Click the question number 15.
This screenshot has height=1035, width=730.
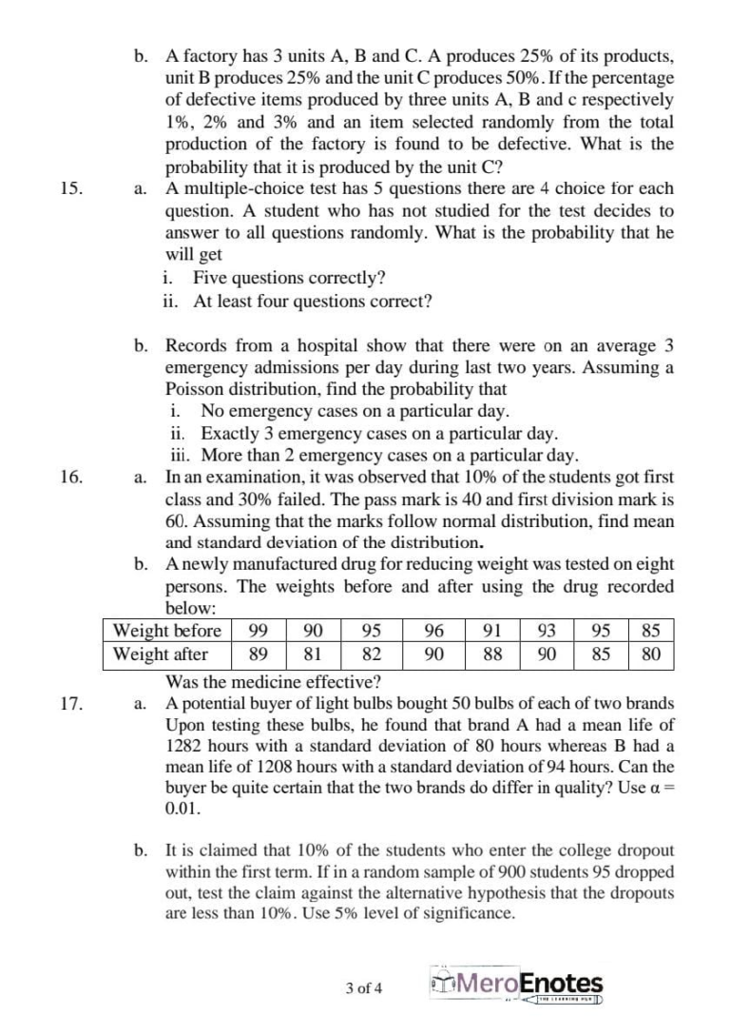point(69,187)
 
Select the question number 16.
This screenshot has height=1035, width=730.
point(69,477)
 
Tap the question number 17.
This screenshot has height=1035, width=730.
point(69,704)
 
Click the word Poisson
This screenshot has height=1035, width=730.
point(195,389)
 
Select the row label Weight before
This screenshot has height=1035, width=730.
point(166,631)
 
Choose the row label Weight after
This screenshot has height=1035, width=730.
point(161,654)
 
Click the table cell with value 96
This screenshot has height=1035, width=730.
point(433,631)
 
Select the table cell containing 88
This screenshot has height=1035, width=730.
point(492,654)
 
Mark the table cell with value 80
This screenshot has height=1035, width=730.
point(650,654)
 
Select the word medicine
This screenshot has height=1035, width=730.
point(266,681)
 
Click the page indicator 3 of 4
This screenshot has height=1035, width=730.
point(365,987)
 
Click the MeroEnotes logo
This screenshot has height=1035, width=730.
point(517,986)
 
